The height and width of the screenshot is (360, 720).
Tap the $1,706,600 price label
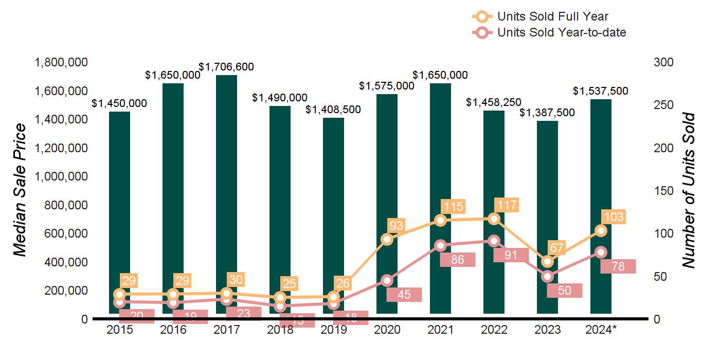226,67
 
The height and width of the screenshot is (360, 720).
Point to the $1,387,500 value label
547,113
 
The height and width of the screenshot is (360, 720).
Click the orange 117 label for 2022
506,205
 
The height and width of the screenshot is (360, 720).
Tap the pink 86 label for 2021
458,260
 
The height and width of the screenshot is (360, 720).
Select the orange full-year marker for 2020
387,239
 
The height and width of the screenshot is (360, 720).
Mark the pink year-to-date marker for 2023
547,277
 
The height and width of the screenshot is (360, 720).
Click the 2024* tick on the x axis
601,330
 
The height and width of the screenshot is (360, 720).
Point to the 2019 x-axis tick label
334,330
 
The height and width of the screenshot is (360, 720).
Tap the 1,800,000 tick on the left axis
61,63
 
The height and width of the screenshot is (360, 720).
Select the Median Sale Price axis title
20,190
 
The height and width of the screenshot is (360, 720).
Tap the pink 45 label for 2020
404,295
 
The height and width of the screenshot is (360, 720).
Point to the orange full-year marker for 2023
548,262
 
